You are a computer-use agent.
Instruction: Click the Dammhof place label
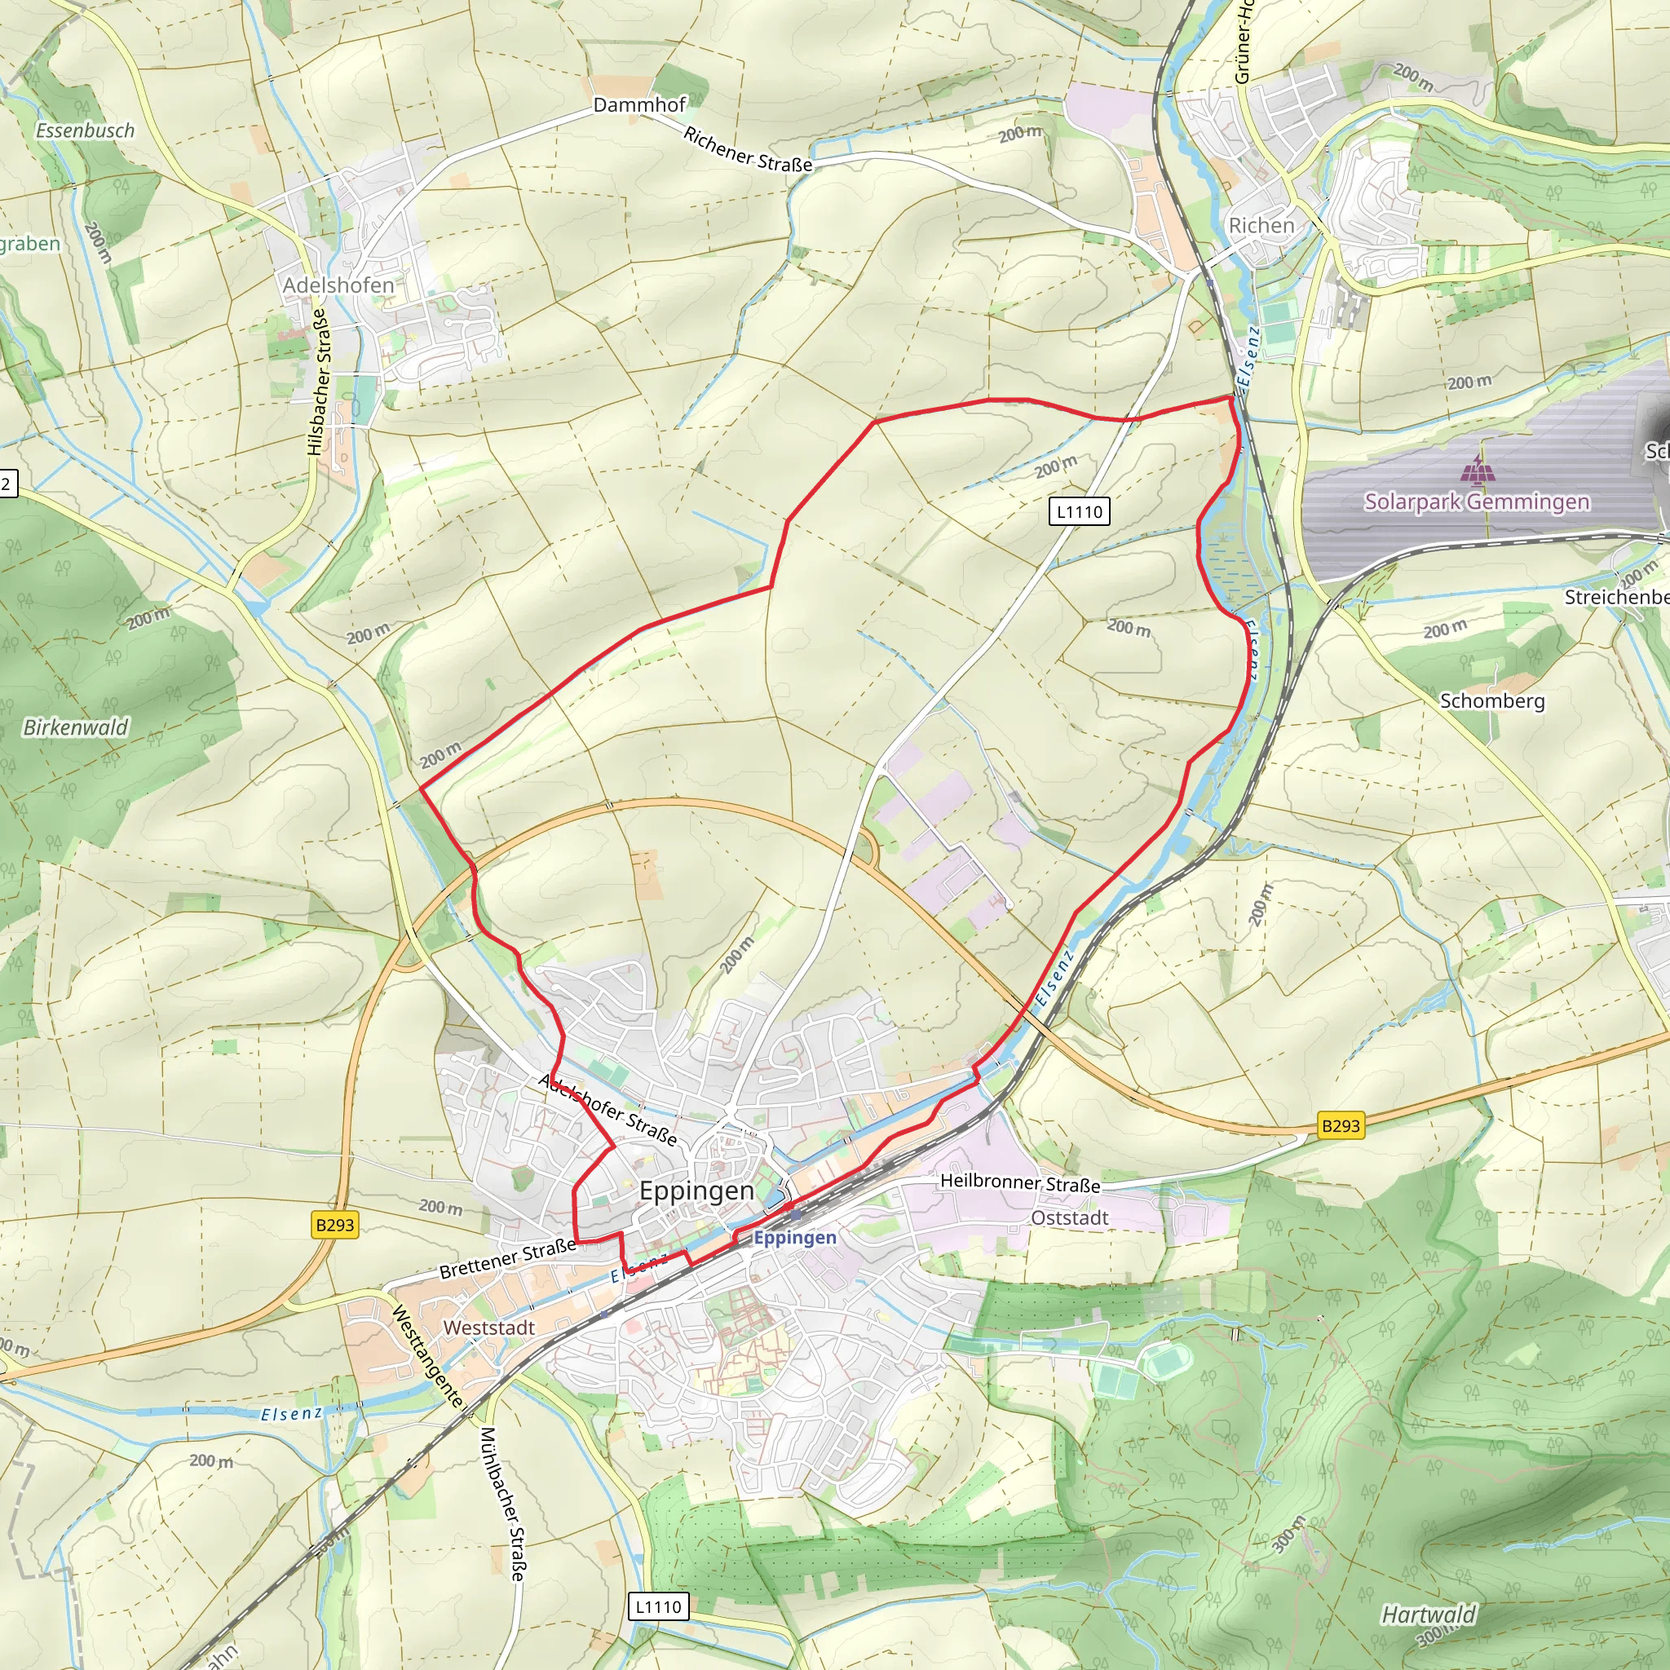[638, 104]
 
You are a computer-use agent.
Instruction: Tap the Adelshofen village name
[338, 285]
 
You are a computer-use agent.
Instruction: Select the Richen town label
[1261, 226]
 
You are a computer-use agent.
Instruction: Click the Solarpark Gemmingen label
[1477, 501]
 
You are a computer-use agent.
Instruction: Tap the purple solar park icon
[1477, 471]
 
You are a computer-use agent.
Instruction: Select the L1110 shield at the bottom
[659, 1607]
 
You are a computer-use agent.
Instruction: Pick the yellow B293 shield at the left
[334, 1225]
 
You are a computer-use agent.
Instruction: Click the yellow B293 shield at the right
[1341, 1125]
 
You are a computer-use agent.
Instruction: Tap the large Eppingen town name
[696, 1191]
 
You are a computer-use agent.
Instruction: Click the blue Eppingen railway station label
[794, 1238]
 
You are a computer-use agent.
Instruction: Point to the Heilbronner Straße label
[1020, 1182]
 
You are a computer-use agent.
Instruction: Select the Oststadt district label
[1069, 1218]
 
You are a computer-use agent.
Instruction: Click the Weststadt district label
[488, 1327]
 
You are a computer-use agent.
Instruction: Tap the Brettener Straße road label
[507, 1258]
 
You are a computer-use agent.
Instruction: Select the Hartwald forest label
[1429, 1614]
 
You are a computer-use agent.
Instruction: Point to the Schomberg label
[1492, 701]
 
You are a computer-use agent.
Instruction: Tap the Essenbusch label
[85, 130]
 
